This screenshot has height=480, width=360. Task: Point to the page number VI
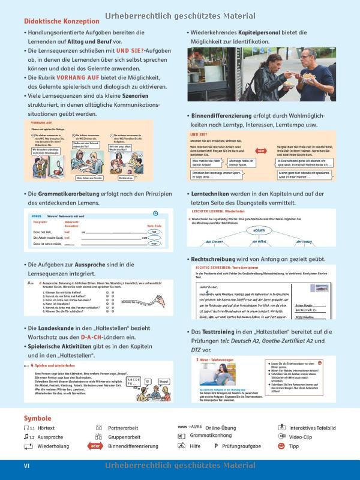point(26,466)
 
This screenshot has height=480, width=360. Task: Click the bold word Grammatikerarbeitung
point(70,194)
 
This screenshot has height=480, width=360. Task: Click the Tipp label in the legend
point(295,446)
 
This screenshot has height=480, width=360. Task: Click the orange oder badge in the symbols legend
point(94,446)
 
